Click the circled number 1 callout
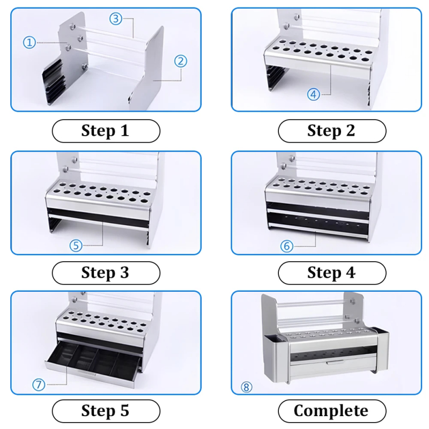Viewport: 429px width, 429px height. [29, 42]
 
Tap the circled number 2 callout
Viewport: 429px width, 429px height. [181, 61]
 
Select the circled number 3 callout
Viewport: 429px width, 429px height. [116, 19]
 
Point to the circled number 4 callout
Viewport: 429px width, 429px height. [314, 94]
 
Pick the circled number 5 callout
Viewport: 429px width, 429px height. [76, 246]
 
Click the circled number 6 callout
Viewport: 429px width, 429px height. [287, 246]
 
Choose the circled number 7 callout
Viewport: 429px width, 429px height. [39, 384]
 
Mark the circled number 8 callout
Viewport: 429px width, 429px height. [246, 387]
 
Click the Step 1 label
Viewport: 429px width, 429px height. [106, 131]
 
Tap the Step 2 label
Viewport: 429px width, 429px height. [332, 131]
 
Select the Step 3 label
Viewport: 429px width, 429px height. [106, 273]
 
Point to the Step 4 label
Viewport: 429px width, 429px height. [332, 273]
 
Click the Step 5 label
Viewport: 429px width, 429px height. [106, 411]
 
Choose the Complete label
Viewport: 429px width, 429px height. [332, 411]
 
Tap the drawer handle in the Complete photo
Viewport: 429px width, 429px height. [335, 363]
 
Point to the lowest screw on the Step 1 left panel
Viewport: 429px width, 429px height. [84, 66]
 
